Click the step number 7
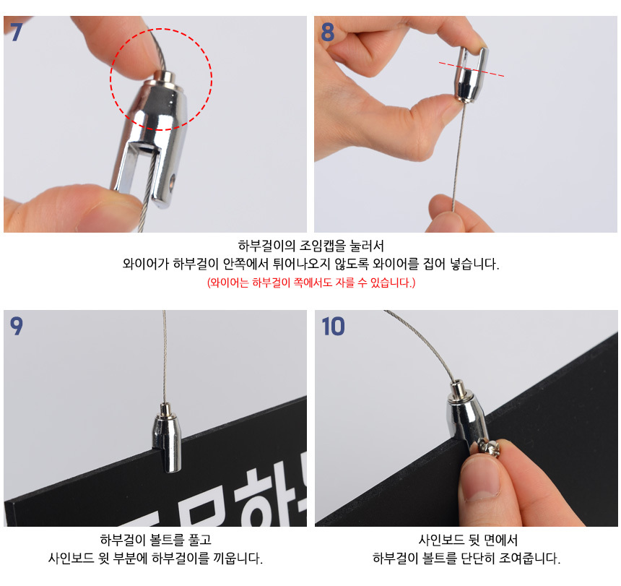tap(15, 32)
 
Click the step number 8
tap(328, 32)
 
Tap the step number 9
tap(16, 326)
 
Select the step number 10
tap(333, 327)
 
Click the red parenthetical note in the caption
tap(311, 283)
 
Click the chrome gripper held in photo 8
tap(470, 74)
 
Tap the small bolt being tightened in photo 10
tap(490, 448)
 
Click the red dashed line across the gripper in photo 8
tap(472, 69)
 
